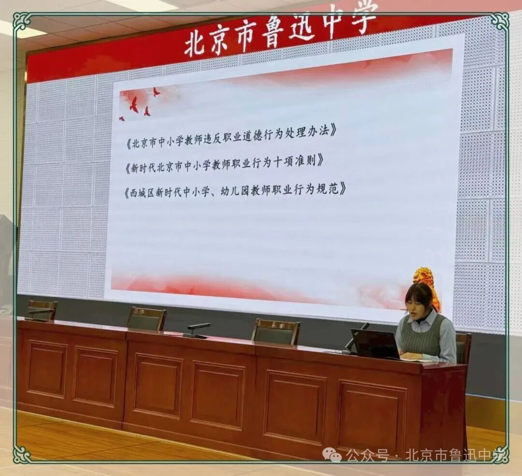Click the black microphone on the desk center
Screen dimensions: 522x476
197,330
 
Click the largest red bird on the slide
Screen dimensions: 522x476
134,104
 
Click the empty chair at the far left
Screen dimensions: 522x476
42,310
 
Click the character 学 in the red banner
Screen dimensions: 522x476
364,18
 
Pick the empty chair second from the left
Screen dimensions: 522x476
147,318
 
